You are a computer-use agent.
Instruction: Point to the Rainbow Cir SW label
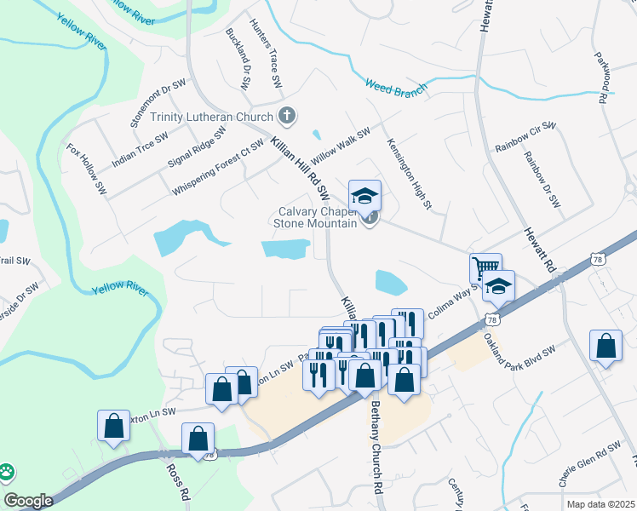(525, 138)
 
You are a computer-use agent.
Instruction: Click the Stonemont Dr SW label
(158, 102)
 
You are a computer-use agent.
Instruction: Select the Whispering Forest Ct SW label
(218, 167)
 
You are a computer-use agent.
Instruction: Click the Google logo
(29, 501)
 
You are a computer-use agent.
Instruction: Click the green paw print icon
(7, 471)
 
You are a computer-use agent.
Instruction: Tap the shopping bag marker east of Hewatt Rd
(605, 347)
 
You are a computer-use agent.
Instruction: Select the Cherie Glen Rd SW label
(590, 465)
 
